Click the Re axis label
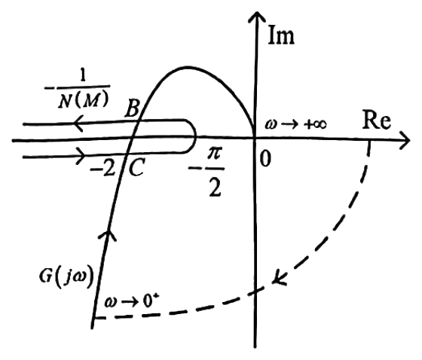tap(377, 120)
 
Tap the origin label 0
tap(265, 158)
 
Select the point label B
tap(132, 108)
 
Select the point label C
tap(136, 167)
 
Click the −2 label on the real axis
tap(102, 169)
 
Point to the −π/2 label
tap(207, 172)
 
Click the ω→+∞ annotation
tap(295, 124)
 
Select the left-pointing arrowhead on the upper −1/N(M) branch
tap(78, 124)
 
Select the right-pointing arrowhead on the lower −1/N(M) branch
tap(81, 156)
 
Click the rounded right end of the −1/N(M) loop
tap(195, 136)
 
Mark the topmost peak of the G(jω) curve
tap(188, 66)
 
